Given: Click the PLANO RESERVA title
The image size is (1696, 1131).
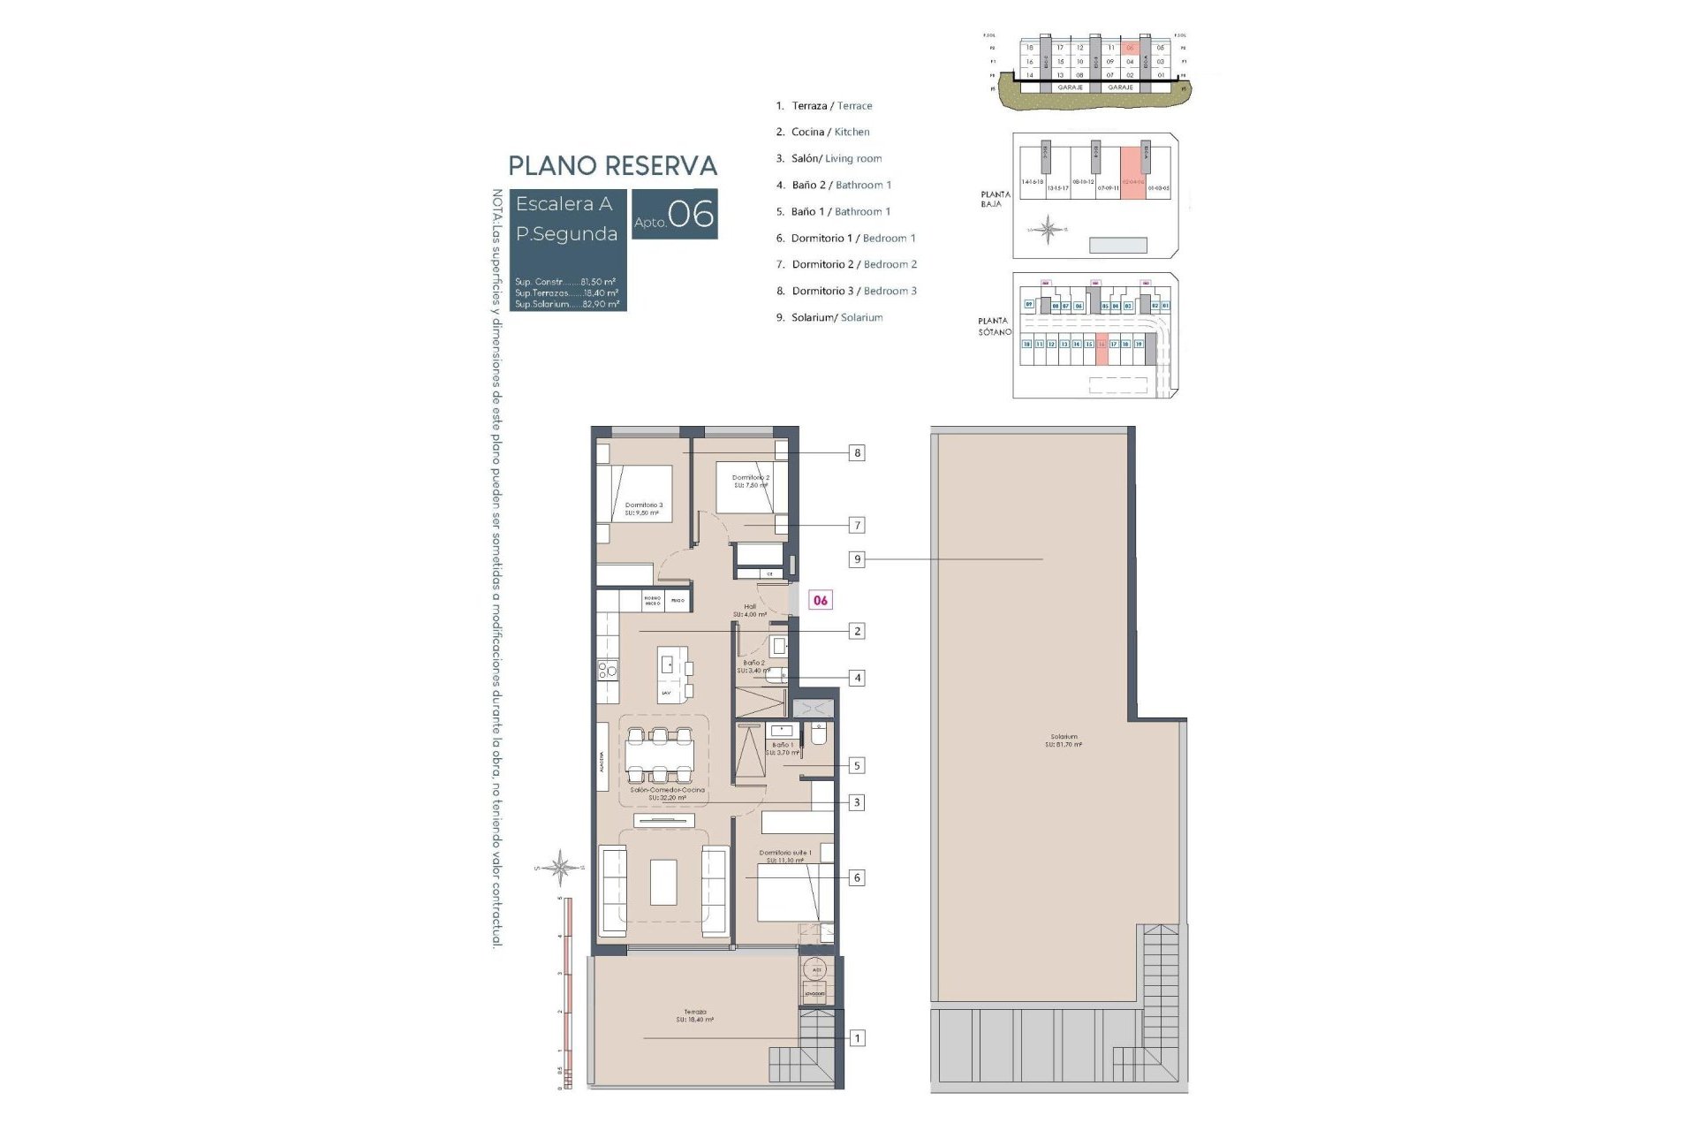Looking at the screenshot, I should (x=612, y=166).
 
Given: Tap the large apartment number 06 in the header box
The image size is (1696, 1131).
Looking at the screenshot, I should (x=691, y=214).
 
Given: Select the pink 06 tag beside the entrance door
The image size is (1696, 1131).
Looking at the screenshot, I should (x=821, y=600).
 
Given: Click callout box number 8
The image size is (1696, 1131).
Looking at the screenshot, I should (x=856, y=453).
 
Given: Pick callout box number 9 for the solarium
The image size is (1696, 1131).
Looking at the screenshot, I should (x=856, y=559).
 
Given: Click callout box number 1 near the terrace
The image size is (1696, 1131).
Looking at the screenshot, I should (x=856, y=1038).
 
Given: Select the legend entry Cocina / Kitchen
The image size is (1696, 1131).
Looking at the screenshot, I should (x=829, y=132).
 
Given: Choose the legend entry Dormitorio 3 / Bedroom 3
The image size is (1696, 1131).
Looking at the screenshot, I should (x=853, y=291).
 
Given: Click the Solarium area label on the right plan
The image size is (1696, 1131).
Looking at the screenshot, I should (x=1064, y=740).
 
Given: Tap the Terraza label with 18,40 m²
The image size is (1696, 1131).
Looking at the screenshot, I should (x=694, y=1015).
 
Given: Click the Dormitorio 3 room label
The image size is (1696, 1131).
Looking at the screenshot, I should (x=643, y=509).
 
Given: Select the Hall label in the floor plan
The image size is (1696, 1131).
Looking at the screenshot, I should (x=750, y=610).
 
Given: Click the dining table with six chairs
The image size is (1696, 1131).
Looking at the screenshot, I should (x=659, y=755).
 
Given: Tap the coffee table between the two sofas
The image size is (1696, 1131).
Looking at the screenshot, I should (x=663, y=882).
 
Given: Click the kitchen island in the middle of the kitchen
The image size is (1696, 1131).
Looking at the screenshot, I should (x=671, y=673).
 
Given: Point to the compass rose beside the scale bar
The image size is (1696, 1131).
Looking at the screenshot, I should (x=560, y=867).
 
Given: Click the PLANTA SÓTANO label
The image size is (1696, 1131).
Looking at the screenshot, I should (x=994, y=326).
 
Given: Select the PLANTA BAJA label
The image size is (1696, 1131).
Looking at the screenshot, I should (x=995, y=199).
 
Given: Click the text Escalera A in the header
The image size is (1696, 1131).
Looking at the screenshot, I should (x=564, y=204).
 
